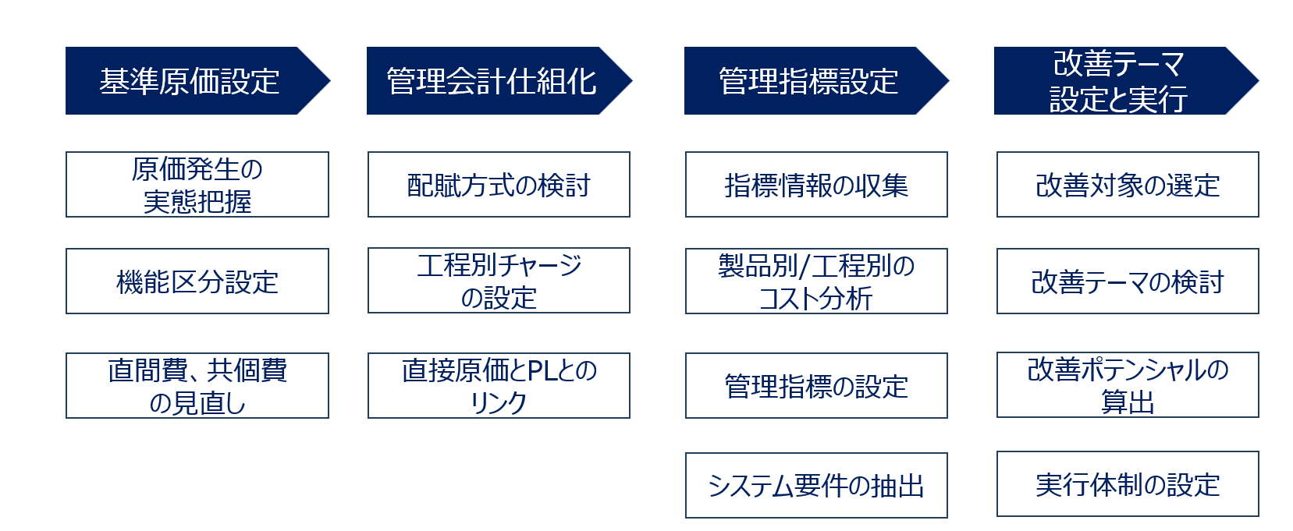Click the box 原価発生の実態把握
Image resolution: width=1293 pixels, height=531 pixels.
point(197,185)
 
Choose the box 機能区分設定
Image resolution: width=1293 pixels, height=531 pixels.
point(197,281)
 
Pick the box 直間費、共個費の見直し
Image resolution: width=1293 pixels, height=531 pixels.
point(197,386)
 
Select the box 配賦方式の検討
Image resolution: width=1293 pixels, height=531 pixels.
point(499,185)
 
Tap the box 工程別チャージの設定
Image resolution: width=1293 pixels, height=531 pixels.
point(499,281)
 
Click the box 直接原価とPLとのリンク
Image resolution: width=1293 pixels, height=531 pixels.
point(499,386)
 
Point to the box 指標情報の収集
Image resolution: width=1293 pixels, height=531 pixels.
point(816,185)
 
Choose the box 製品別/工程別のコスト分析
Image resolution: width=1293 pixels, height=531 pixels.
point(816,281)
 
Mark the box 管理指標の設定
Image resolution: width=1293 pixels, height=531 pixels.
point(816,386)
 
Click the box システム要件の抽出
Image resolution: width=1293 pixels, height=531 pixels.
point(816,486)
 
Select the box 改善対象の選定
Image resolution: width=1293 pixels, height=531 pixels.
point(1128,185)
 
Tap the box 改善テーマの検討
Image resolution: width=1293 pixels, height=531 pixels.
point(1128,281)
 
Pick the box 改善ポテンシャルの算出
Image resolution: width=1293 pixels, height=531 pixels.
point(1128,385)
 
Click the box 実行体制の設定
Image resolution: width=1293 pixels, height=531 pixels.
point(1128,484)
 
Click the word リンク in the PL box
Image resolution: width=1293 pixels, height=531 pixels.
point(499,402)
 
